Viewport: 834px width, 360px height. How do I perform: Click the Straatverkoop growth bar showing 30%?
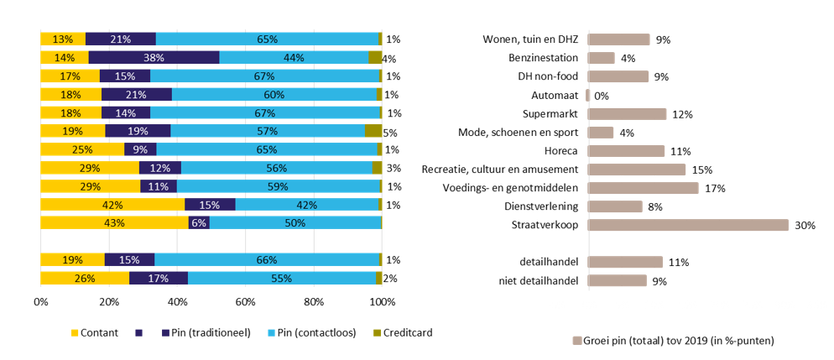click(x=688, y=225)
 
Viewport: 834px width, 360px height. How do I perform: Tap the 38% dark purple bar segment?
click(x=154, y=58)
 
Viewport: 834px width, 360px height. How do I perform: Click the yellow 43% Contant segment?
click(x=114, y=222)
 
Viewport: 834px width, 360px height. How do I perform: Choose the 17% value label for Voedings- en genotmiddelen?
click(x=715, y=188)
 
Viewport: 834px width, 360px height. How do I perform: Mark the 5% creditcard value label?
click(x=389, y=133)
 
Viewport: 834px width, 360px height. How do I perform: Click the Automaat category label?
click(x=554, y=96)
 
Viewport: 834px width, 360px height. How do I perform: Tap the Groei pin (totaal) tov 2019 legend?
click(x=671, y=341)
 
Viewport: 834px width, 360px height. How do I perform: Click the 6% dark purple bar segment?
click(x=199, y=222)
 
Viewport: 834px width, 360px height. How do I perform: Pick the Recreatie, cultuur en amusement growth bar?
click(x=637, y=170)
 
